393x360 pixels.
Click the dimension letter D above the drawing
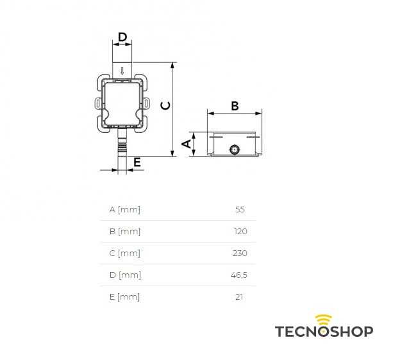(x=122, y=37)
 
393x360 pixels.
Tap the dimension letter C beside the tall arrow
(x=165, y=106)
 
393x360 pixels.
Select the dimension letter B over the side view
(x=235, y=106)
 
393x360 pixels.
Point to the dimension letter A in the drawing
(x=187, y=144)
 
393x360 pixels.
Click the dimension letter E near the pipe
(x=137, y=162)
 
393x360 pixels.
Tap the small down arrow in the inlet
(x=122, y=71)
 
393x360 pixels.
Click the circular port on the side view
(x=235, y=150)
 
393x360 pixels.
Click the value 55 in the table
(x=240, y=209)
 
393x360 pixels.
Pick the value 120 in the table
(x=240, y=231)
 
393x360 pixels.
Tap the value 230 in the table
(x=240, y=253)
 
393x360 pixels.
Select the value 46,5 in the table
(x=239, y=275)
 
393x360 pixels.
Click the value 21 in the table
(x=239, y=297)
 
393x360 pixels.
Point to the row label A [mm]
(x=125, y=209)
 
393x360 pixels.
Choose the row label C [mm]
(x=125, y=253)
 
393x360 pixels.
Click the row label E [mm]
(x=124, y=297)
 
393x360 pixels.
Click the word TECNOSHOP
(x=324, y=331)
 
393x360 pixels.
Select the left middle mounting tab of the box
(x=99, y=103)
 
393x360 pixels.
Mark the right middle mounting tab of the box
(x=146, y=103)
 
